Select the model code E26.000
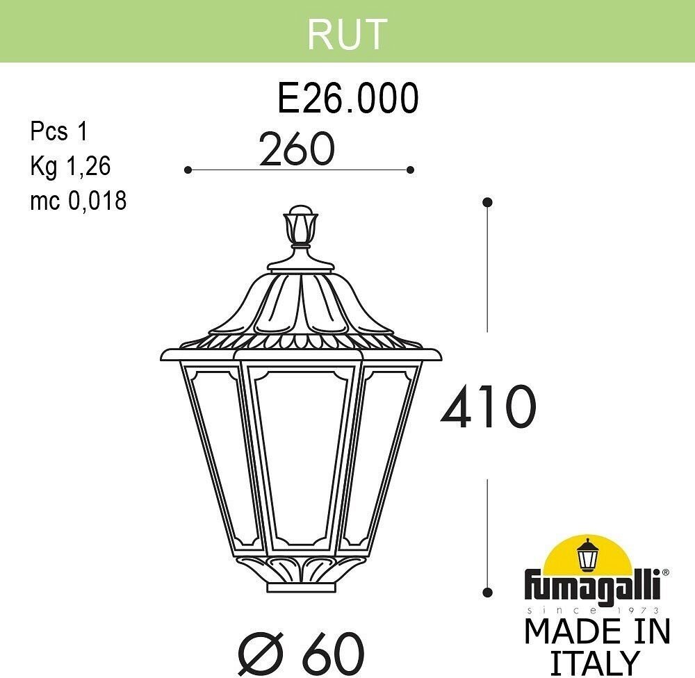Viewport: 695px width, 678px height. [x=348, y=99]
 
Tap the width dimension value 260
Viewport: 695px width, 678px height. [x=297, y=149]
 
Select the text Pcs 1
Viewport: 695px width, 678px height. [x=60, y=131]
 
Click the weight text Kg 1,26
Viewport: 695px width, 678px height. [x=70, y=166]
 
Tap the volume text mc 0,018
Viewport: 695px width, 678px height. [x=78, y=201]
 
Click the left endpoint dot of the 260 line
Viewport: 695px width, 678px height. [x=188, y=169]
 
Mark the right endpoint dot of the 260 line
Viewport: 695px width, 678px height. [x=411, y=169]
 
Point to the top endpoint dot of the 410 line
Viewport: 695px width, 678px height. [x=488, y=202]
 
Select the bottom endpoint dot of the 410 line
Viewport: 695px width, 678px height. [x=488, y=591]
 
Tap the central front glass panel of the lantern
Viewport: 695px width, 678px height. [x=300, y=452]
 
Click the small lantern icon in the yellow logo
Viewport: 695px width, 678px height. [x=589, y=555]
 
